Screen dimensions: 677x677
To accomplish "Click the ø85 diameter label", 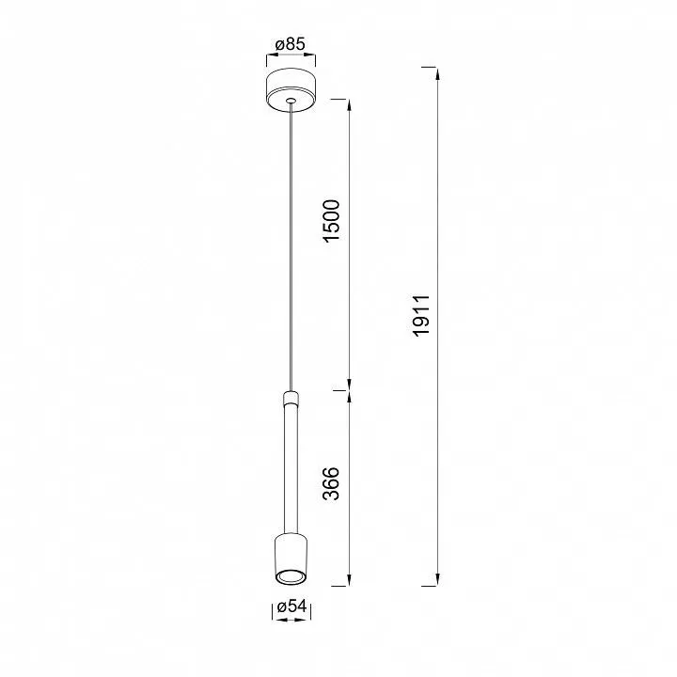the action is click(x=291, y=44).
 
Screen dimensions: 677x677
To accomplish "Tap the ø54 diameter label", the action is click(x=291, y=606).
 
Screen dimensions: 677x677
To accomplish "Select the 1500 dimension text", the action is click(x=332, y=221).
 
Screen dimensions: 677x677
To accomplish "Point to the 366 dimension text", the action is click(x=332, y=483).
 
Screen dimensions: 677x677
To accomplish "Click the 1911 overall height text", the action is click(x=421, y=315).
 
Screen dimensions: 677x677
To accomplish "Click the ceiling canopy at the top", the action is click(x=291, y=90).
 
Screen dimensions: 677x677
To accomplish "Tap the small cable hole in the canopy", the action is click(x=291, y=101).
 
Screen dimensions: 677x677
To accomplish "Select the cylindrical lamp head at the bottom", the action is click(x=291, y=559).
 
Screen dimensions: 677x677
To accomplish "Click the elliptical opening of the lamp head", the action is click(x=291, y=576).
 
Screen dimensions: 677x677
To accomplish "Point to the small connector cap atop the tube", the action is click(x=291, y=397).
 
